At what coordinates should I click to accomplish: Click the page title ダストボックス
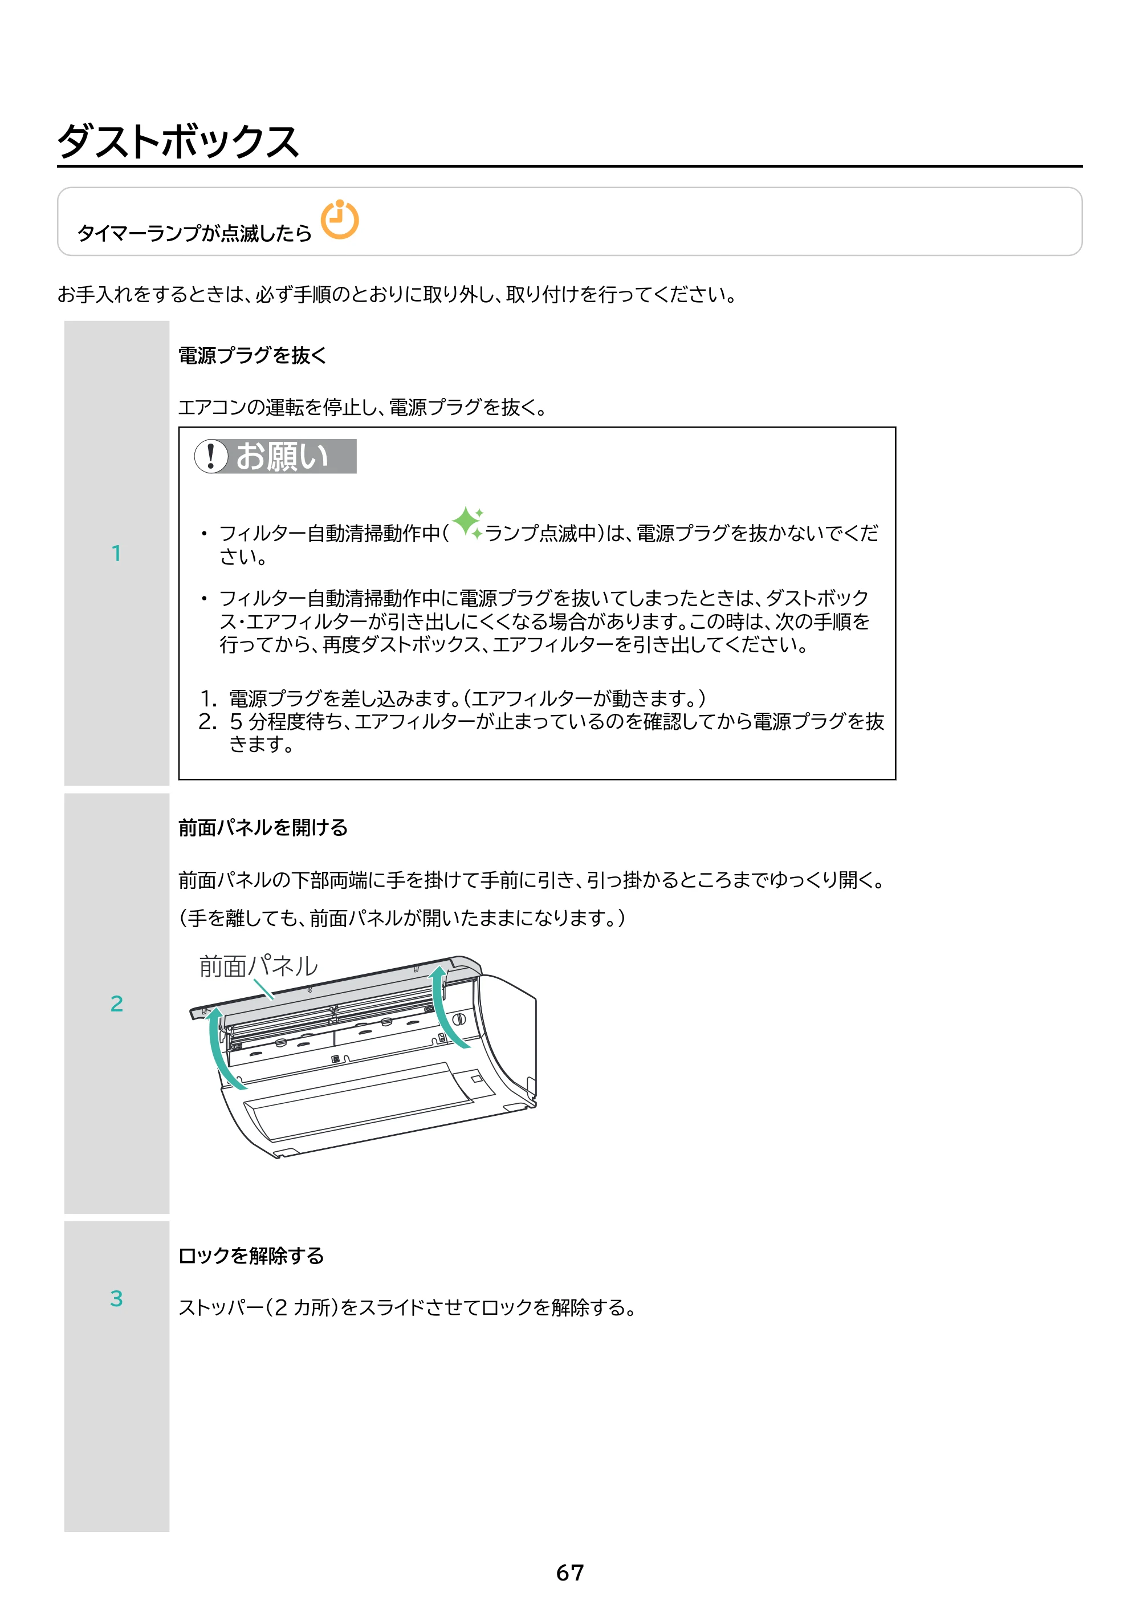[178, 141]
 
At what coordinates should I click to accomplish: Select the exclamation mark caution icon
[211, 456]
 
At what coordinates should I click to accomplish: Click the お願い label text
[282, 457]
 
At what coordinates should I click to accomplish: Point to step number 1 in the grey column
[117, 554]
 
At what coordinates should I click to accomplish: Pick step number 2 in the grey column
[117, 1003]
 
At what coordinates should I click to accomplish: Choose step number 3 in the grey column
[117, 1298]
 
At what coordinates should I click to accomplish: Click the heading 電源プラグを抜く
[253, 355]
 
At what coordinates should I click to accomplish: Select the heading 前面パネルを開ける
[263, 827]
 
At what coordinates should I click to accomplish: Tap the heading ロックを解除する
[251, 1256]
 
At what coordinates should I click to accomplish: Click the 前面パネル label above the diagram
[258, 966]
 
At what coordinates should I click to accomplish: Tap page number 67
[569, 1573]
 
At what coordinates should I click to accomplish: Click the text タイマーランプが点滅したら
[194, 233]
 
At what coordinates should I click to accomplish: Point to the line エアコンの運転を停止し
[363, 407]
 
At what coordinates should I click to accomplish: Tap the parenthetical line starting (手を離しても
[402, 917]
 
